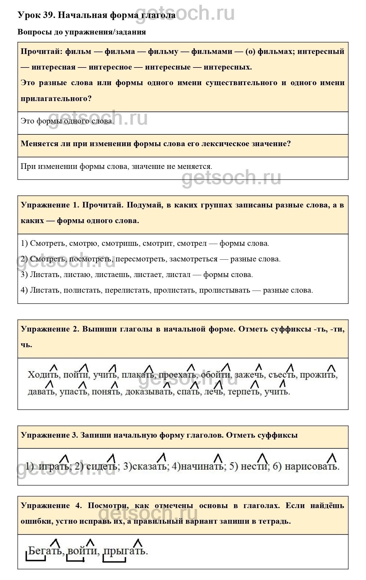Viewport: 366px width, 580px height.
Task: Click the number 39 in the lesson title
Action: pyautogui.click(x=48, y=15)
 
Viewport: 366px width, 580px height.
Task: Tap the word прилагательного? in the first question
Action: pyautogui.click(x=56, y=98)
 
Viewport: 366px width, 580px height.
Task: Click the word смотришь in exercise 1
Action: pyautogui.click(x=121, y=244)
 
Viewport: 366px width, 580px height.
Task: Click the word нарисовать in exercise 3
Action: pyautogui.click(x=311, y=467)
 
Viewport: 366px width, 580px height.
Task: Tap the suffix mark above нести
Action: pyautogui.click(x=263, y=458)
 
